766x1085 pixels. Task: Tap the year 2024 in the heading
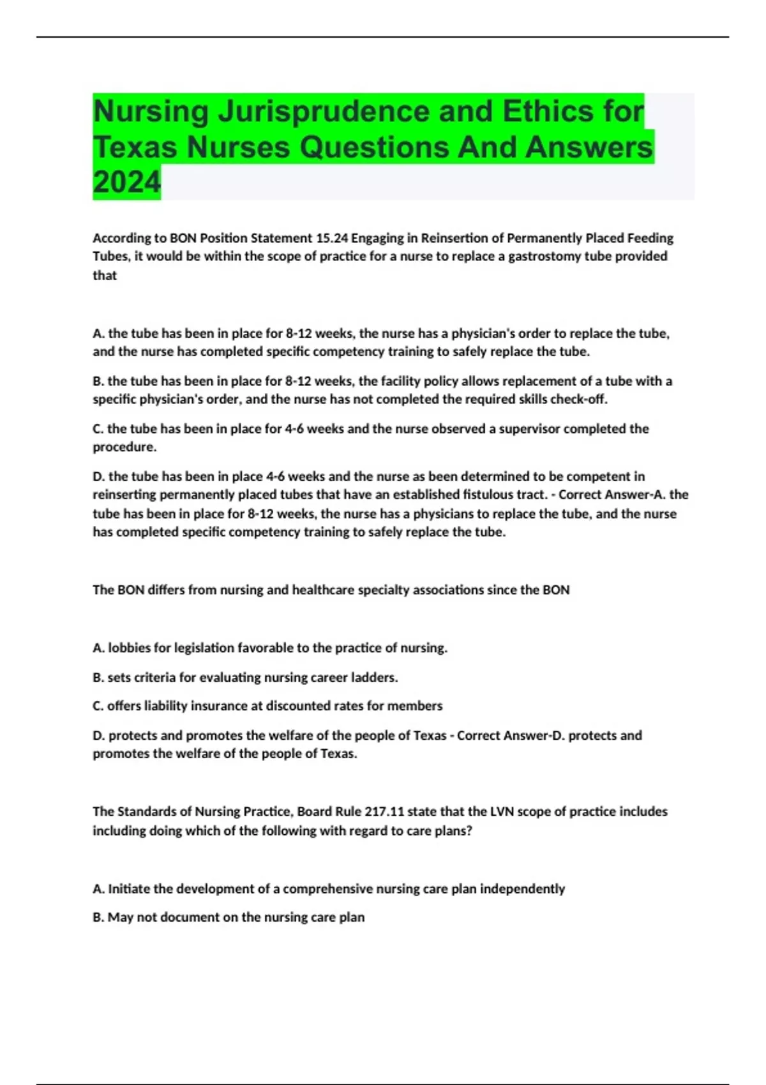tap(127, 183)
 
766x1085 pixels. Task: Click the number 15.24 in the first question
tap(332, 238)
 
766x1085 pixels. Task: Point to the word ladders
tap(376, 677)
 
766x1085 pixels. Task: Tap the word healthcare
tap(323, 590)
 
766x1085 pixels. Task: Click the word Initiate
tap(130, 889)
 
